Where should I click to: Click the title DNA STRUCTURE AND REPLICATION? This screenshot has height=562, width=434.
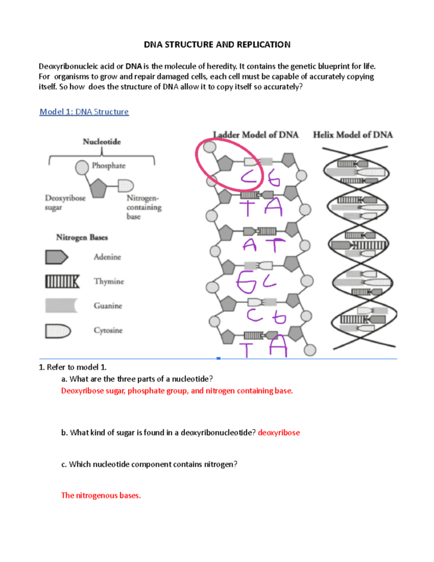click(217, 44)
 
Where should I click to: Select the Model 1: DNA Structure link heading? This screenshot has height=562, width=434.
click(84, 112)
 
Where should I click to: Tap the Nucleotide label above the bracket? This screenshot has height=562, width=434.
click(102, 141)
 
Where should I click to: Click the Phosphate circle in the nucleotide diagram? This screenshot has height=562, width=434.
click(82, 167)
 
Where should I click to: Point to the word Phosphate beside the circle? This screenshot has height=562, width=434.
click(109, 165)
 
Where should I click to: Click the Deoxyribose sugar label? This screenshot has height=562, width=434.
click(65, 203)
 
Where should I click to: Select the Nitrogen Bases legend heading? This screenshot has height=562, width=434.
click(82, 238)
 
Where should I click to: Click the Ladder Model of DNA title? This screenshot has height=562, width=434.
click(255, 134)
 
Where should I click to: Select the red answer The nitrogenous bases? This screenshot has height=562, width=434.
click(100, 495)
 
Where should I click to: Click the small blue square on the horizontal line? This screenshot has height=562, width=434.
click(218, 358)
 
